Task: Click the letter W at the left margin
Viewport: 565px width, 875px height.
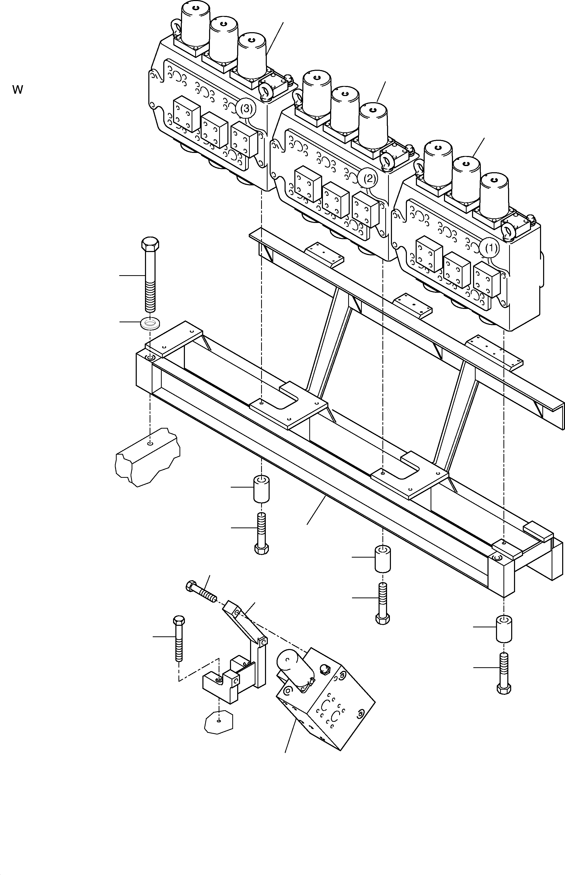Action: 18,90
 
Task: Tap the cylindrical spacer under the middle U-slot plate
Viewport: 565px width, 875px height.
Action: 382,559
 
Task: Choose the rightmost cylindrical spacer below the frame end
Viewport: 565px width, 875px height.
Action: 504,629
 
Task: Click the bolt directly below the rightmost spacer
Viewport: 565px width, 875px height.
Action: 504,673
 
